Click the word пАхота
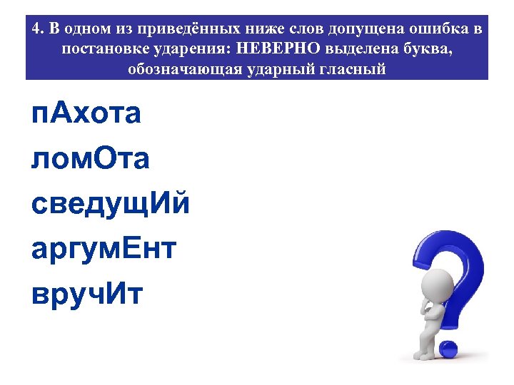click(86, 115)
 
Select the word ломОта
click(91, 160)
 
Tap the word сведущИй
click(111, 205)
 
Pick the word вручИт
click(87, 295)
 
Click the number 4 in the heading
click(36, 30)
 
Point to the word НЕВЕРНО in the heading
click(288, 50)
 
